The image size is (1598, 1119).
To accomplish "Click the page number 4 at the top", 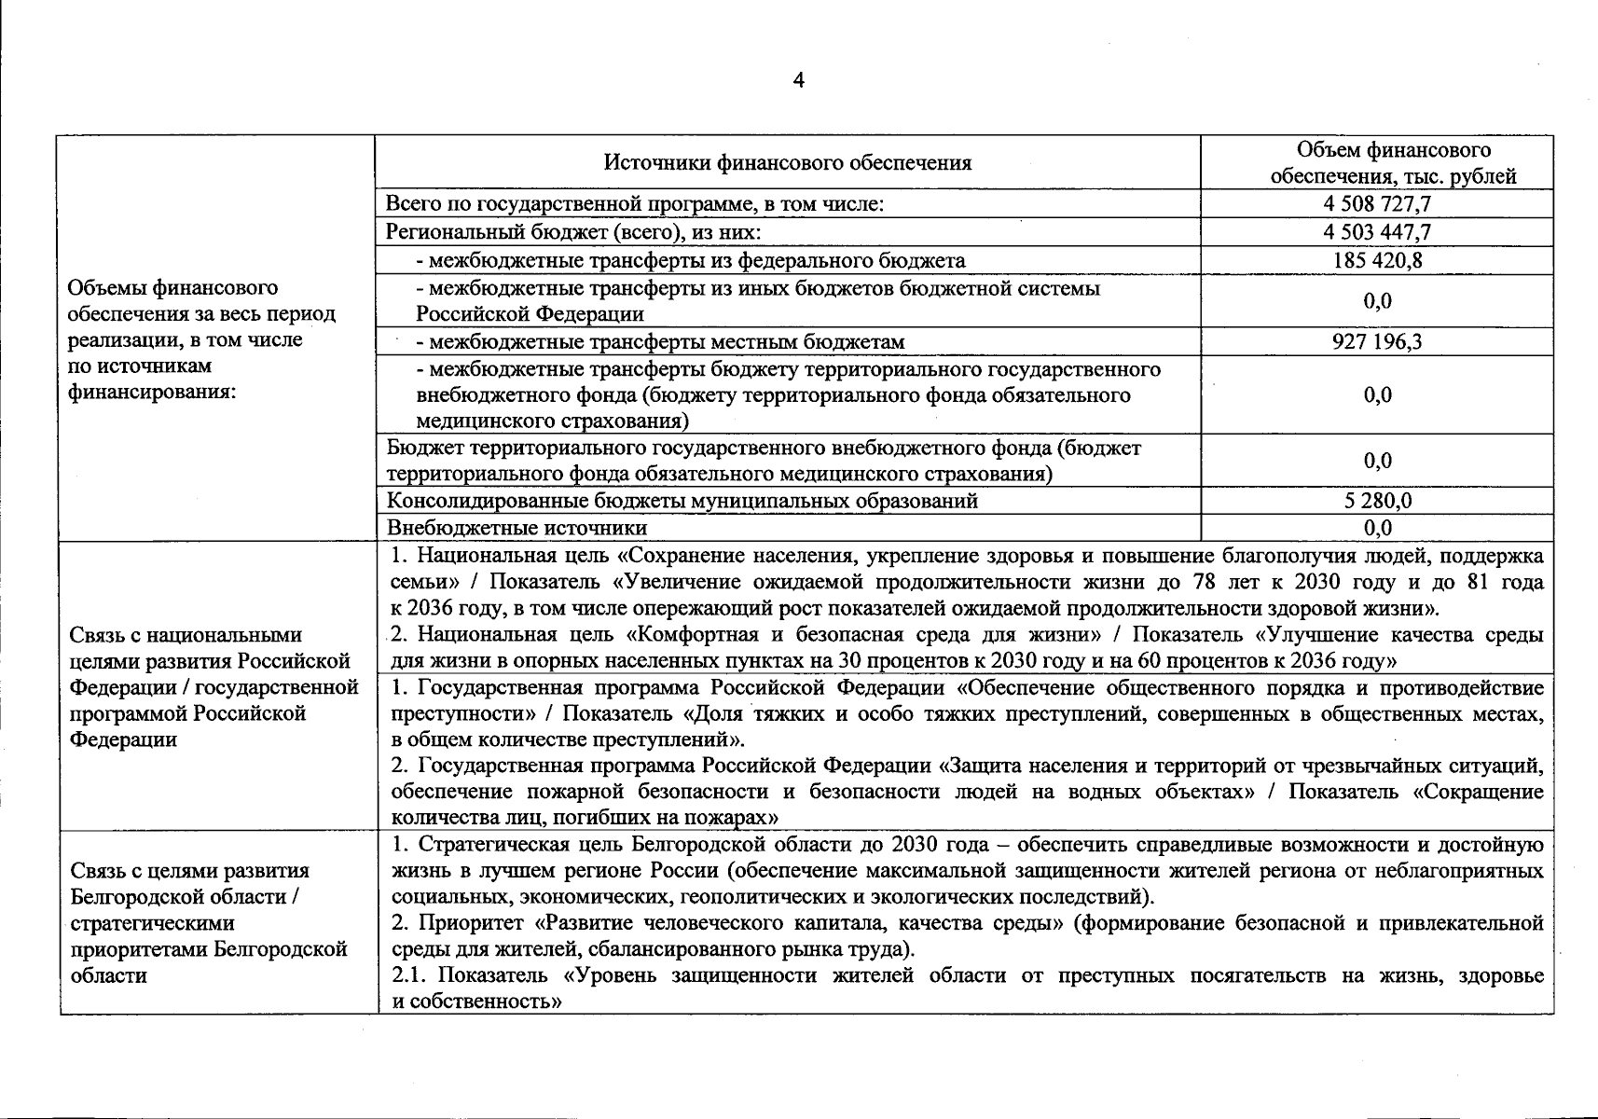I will [798, 81].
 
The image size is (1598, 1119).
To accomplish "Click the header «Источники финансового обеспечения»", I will [788, 163].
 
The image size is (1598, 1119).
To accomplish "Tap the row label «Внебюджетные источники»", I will [517, 528].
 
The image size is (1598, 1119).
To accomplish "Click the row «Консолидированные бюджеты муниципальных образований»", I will [682, 501].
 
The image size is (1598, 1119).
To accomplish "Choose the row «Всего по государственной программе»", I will [635, 203].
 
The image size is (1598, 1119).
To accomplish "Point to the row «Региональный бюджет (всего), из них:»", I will [573, 231].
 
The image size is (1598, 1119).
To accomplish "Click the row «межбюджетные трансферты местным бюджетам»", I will [660, 341].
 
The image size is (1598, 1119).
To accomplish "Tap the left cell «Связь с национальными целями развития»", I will [214, 687].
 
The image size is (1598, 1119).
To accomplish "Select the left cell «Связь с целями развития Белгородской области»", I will [209, 922].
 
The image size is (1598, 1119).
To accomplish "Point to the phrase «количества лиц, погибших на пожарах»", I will [585, 818].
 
